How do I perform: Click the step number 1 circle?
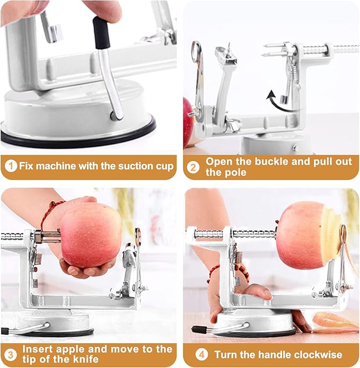[x=11, y=166]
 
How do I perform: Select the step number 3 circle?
[x=11, y=354]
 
